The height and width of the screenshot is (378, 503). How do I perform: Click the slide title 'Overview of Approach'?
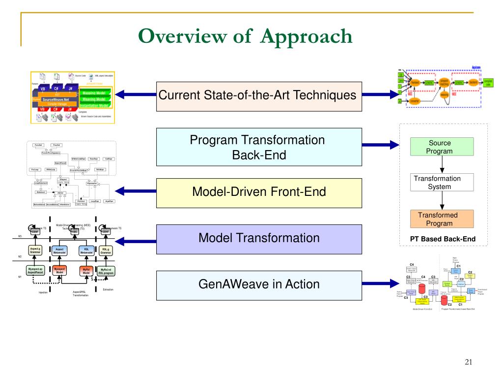[245, 37]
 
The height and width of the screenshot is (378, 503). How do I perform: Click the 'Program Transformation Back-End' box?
[258, 147]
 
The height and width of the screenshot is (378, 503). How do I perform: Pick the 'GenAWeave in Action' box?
[258, 284]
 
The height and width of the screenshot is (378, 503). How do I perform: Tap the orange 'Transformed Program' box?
[442, 219]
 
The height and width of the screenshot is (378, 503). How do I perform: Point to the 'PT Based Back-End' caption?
[443, 240]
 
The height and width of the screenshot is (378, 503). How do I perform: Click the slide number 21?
[468, 363]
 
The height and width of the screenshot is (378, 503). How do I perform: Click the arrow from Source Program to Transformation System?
[442, 165]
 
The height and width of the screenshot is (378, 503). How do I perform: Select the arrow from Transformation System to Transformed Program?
[442, 200]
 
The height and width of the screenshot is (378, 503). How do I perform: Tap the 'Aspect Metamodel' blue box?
[59, 251]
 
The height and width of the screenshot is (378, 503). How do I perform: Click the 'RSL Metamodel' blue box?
[86, 251]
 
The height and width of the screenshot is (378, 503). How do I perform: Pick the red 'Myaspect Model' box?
[59, 271]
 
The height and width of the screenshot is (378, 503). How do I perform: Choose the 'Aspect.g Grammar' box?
[35, 251]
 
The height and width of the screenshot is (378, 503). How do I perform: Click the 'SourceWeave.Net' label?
[55, 99]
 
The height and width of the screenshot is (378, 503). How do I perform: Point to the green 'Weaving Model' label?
[96, 99]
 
